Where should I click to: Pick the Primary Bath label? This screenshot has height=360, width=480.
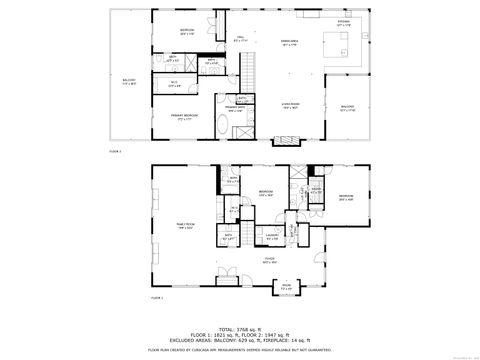236,107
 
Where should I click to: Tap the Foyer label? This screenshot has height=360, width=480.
270,262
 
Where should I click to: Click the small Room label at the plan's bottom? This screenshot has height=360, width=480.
286,287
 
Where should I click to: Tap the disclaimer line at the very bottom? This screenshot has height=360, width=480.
240,350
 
